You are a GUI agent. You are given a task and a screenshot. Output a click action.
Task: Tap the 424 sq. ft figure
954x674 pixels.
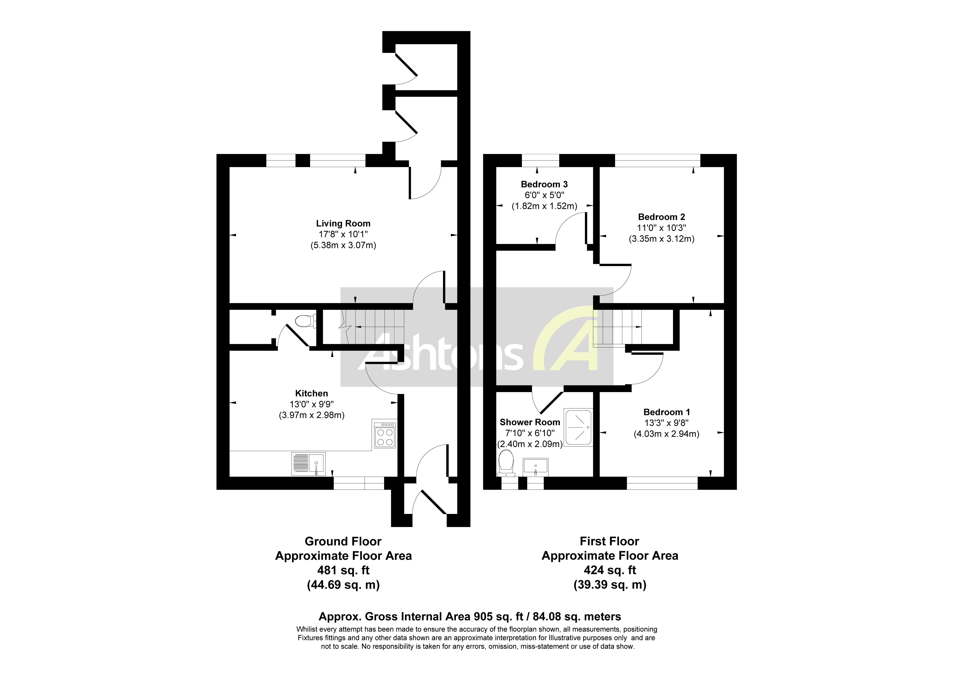[x=610, y=570]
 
